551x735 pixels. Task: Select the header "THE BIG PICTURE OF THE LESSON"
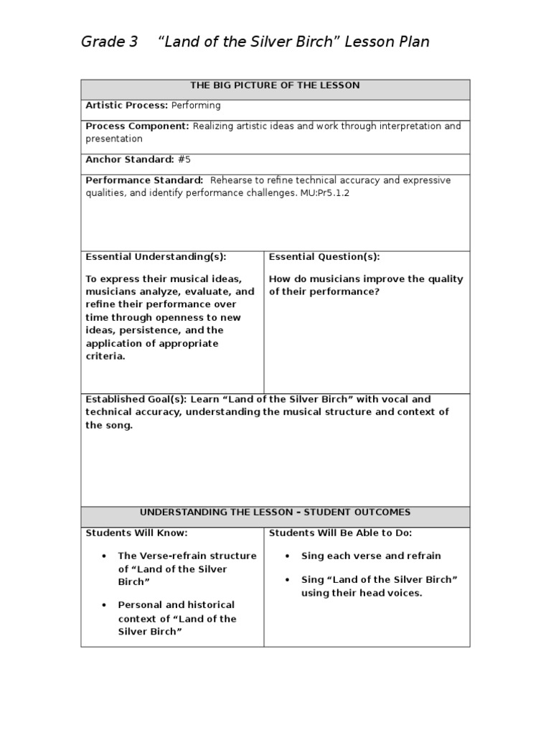point(275,85)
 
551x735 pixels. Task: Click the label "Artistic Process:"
point(127,106)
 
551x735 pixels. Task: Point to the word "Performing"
point(196,106)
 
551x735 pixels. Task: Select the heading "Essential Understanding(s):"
point(156,257)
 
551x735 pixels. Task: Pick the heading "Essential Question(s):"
point(324,257)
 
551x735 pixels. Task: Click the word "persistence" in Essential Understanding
point(148,330)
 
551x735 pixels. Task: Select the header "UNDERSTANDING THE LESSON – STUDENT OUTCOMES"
point(275,512)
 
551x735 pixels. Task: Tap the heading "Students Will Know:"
point(136,533)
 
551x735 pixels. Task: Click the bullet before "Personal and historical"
point(105,606)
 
